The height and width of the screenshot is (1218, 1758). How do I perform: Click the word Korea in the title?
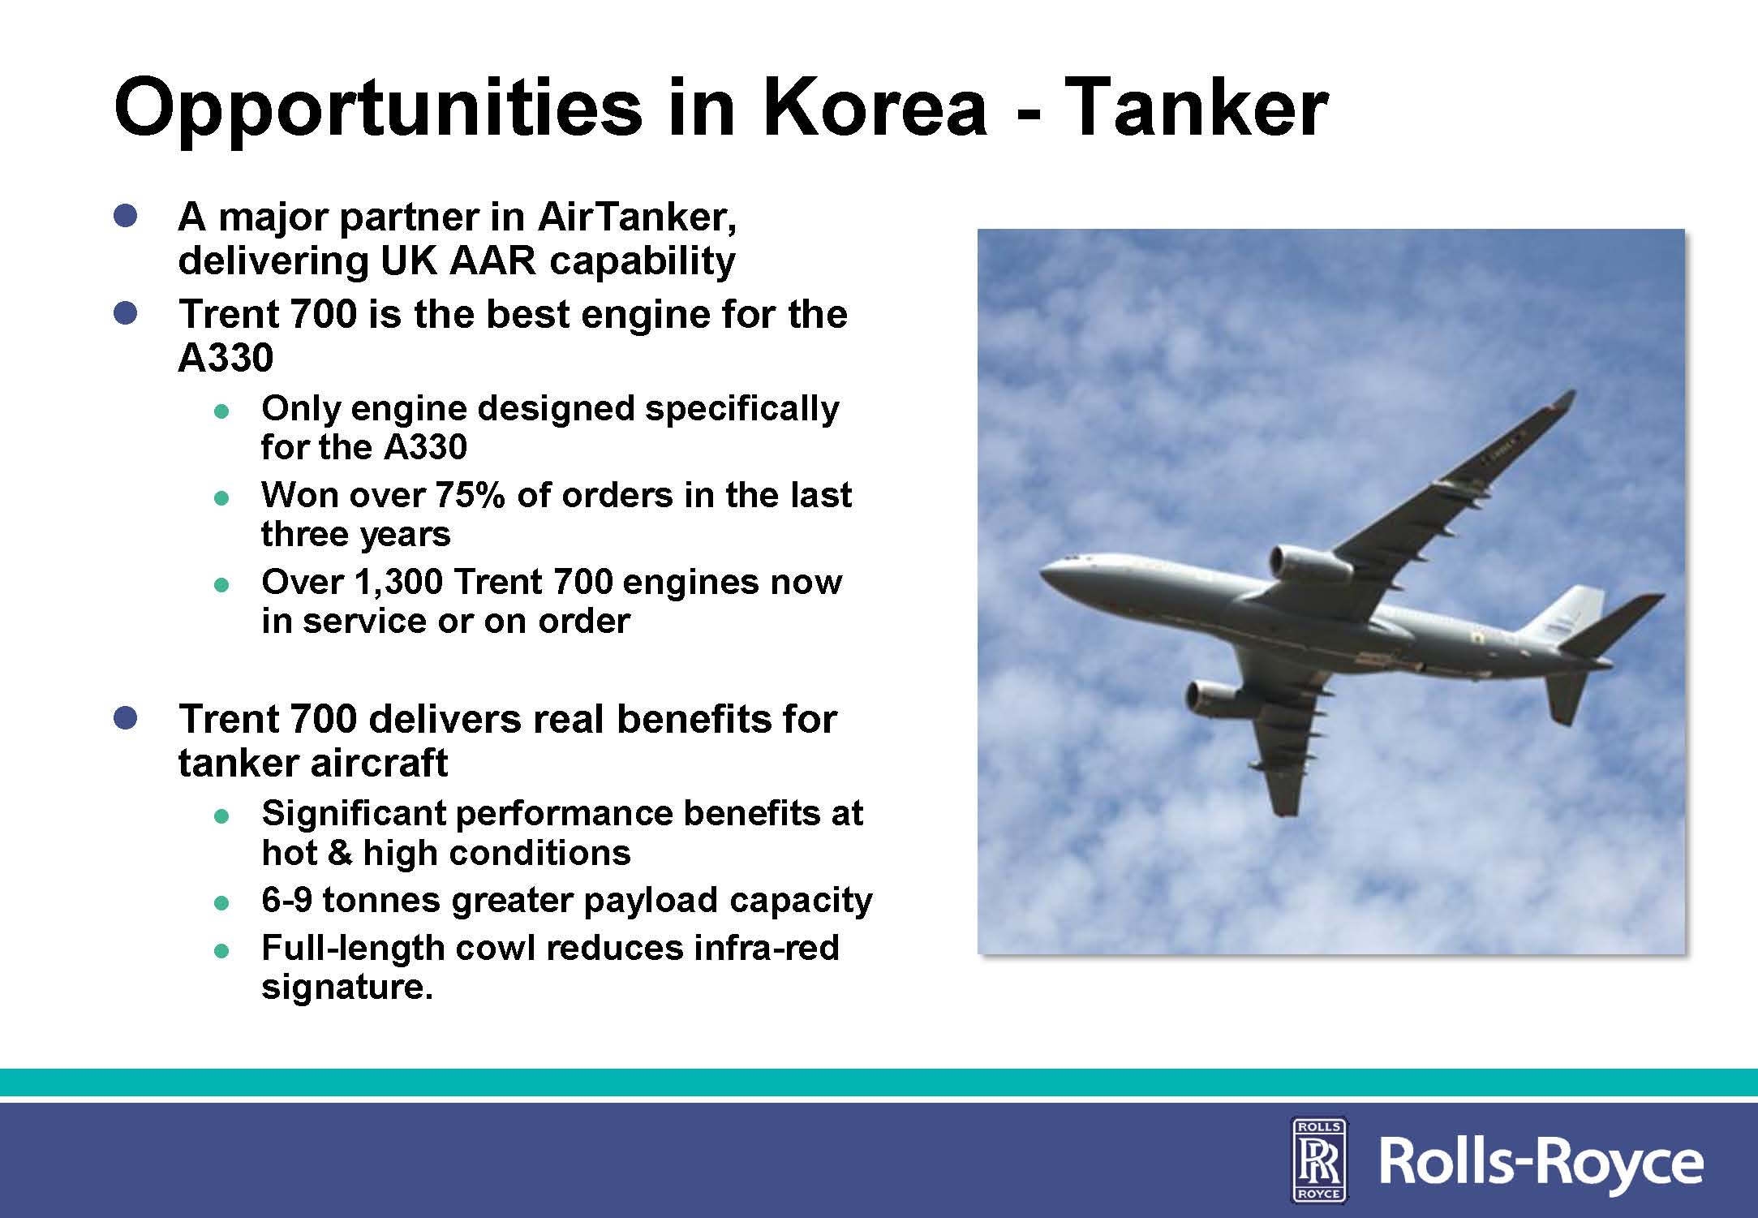tap(875, 107)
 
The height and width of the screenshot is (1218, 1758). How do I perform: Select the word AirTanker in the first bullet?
tap(637, 217)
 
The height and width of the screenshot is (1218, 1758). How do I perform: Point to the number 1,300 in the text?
tap(398, 583)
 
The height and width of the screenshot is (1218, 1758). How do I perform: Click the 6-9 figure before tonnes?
tap(287, 900)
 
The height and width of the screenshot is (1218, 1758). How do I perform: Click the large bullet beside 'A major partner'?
tap(126, 216)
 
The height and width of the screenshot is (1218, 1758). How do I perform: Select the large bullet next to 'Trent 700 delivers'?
tap(126, 718)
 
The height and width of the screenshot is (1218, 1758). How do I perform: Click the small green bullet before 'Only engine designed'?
tap(221, 411)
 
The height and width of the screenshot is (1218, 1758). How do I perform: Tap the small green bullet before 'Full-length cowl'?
tap(221, 951)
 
